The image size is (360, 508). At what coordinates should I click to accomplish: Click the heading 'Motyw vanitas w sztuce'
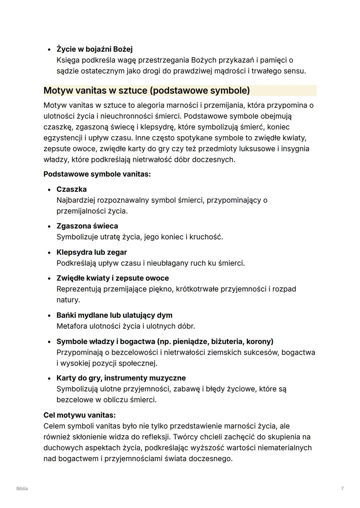(x=147, y=91)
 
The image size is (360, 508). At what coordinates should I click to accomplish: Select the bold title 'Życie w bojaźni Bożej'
(x=94, y=49)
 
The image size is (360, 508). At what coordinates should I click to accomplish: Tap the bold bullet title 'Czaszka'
(x=71, y=189)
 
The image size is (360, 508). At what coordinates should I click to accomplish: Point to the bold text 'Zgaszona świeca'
(x=87, y=226)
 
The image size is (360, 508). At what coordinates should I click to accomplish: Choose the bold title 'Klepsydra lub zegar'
(x=92, y=252)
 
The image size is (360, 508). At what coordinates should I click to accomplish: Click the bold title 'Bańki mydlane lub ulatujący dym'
(x=114, y=315)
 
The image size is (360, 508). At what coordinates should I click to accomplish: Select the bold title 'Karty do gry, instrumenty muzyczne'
(x=121, y=378)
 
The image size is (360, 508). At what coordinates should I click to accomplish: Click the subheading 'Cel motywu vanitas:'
(x=79, y=415)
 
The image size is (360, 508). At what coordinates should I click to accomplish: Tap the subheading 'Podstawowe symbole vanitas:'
(x=97, y=174)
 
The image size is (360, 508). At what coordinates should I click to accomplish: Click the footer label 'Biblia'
(x=22, y=489)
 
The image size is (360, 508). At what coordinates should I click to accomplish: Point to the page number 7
(x=342, y=489)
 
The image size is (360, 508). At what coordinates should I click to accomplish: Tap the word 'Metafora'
(x=72, y=326)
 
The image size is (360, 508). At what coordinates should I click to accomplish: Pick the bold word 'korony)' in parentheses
(x=260, y=341)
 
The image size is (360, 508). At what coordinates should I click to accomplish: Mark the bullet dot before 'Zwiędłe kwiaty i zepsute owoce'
(x=49, y=278)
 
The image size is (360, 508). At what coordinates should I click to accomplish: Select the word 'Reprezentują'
(x=79, y=289)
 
